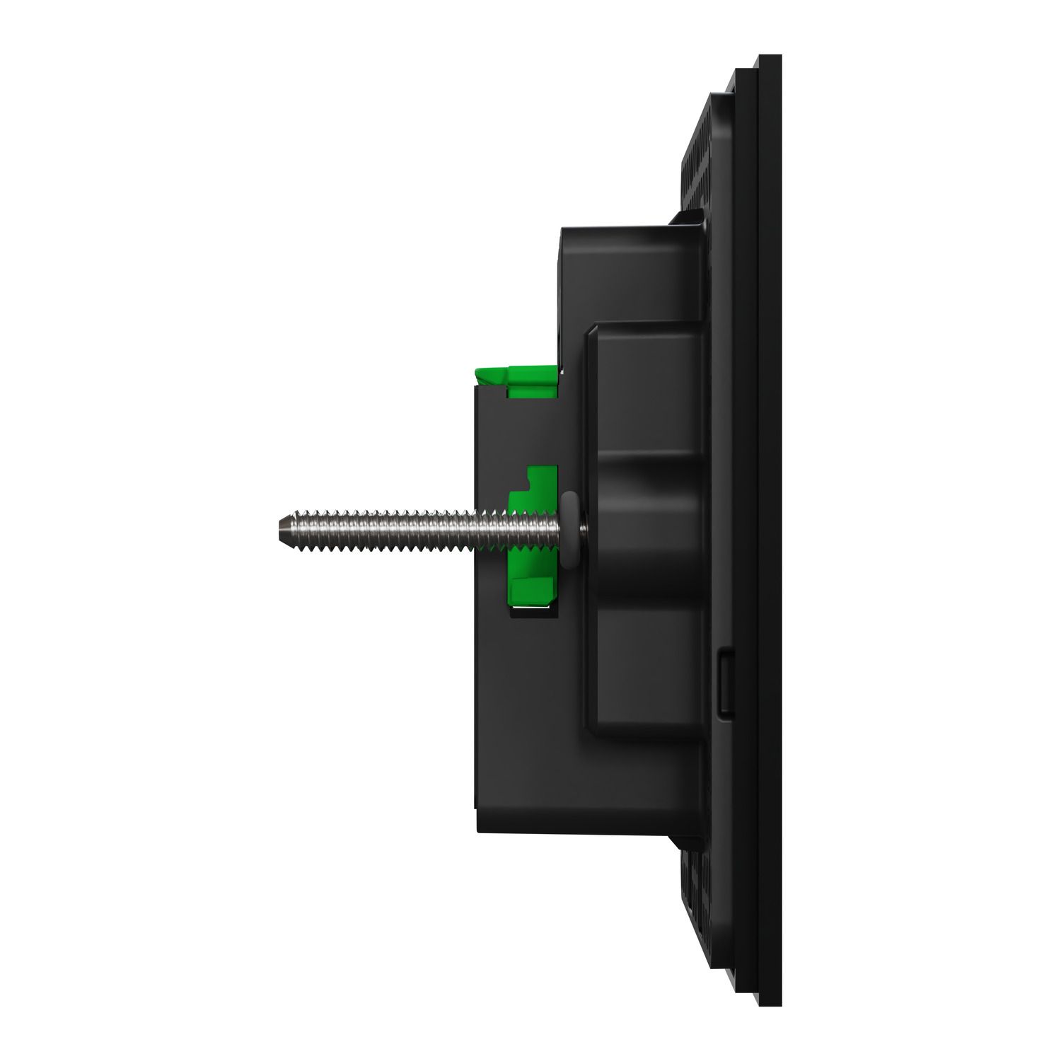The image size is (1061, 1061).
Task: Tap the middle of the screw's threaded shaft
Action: pyautogui.click(x=396, y=528)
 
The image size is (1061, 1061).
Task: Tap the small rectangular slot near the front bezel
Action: pyautogui.click(x=725, y=683)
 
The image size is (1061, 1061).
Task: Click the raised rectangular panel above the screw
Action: pyautogui.click(x=644, y=389)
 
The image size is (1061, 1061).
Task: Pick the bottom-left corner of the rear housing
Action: pyautogui.click(x=481, y=828)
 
